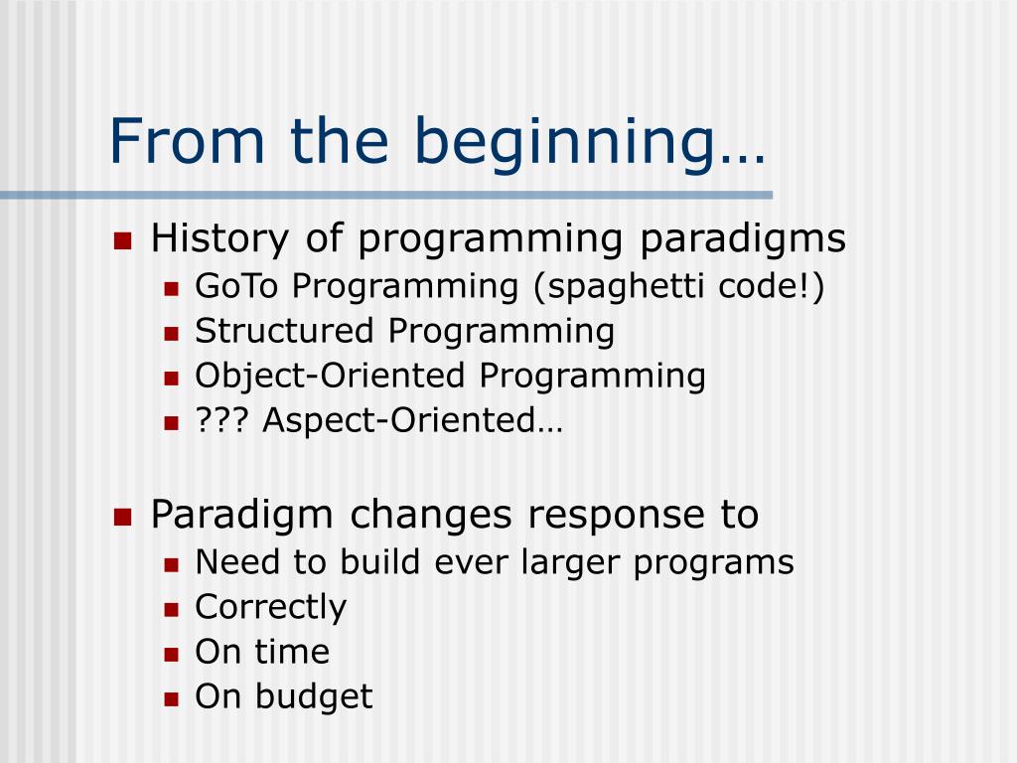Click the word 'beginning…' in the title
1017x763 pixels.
589,144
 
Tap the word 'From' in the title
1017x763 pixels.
187,141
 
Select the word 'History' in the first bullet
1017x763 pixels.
219,239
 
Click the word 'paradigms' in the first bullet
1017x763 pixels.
743,239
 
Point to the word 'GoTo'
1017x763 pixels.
236,286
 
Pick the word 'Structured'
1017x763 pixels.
284,331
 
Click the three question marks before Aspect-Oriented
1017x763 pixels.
221,420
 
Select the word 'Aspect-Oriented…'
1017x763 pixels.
412,421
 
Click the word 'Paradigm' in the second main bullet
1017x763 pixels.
242,516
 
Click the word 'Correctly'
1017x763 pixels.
270,608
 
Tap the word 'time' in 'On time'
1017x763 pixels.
291,652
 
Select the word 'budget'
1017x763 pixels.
314,697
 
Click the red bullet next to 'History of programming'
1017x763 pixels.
122,241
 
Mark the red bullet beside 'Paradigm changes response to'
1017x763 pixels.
122,517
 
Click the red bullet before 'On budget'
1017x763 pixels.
171,699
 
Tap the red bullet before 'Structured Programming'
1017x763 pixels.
171,334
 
